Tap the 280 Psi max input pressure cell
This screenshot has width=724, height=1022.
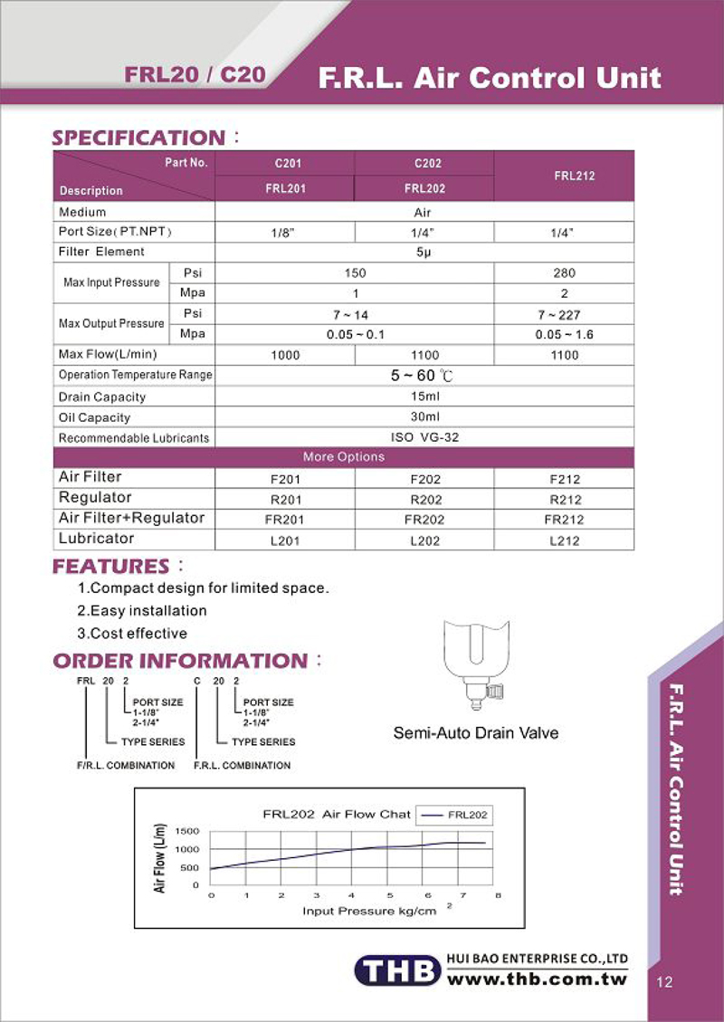pos(565,272)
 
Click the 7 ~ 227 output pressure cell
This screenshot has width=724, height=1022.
pos(565,315)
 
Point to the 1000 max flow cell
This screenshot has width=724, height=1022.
pos(285,356)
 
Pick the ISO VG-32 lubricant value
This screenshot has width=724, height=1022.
pos(424,437)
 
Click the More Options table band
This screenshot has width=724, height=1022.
pos(343,457)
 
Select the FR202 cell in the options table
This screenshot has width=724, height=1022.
pos(425,520)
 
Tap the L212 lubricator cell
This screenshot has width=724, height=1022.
pos(565,540)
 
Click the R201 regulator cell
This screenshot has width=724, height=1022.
pos(285,499)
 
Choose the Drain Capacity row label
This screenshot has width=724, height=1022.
pos(102,397)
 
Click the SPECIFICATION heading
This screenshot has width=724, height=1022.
pos(138,138)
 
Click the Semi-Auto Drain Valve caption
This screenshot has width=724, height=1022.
pos(476,732)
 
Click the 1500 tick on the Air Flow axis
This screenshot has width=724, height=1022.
pos(187,831)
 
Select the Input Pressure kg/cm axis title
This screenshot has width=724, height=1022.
pos(370,911)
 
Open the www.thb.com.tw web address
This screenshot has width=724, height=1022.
pos(538,980)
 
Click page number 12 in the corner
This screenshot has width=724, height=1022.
pos(665,983)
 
